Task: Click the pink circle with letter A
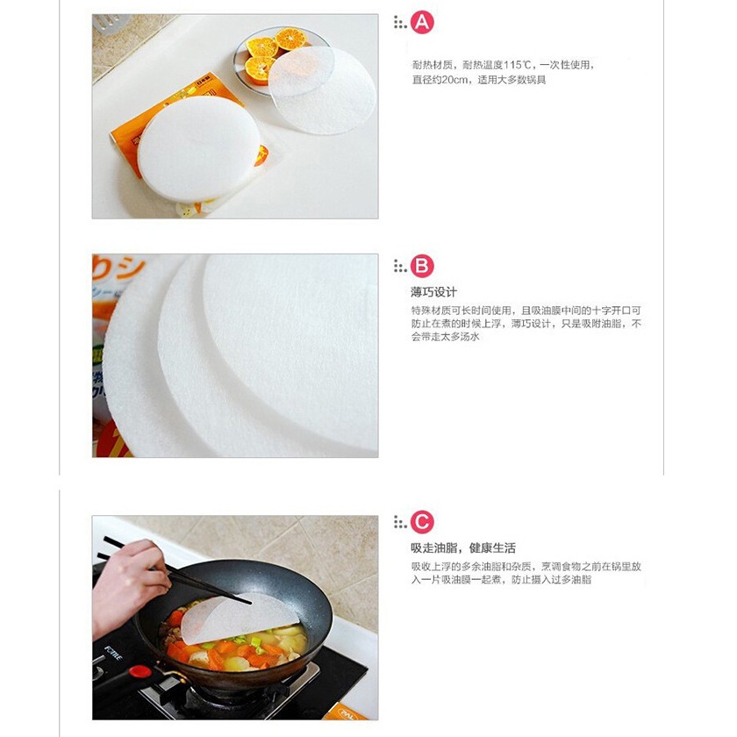point(422,22)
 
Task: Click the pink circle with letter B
point(422,266)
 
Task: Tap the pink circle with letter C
point(422,522)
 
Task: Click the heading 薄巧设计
point(433,292)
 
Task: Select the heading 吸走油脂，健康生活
point(463,548)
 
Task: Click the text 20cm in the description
point(454,80)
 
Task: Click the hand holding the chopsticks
point(128,583)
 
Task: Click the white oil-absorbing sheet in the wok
point(239,618)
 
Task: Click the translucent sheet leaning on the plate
point(322,89)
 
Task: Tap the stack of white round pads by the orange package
point(199,149)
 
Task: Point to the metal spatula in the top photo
point(108,22)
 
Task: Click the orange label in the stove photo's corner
point(346,712)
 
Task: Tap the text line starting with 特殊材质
point(526,311)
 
